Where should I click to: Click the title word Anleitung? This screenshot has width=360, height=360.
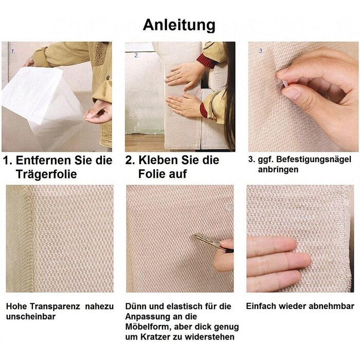click(x=179, y=25)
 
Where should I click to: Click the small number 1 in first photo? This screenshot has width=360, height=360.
click(x=13, y=51)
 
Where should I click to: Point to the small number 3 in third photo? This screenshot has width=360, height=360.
click(x=261, y=51)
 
